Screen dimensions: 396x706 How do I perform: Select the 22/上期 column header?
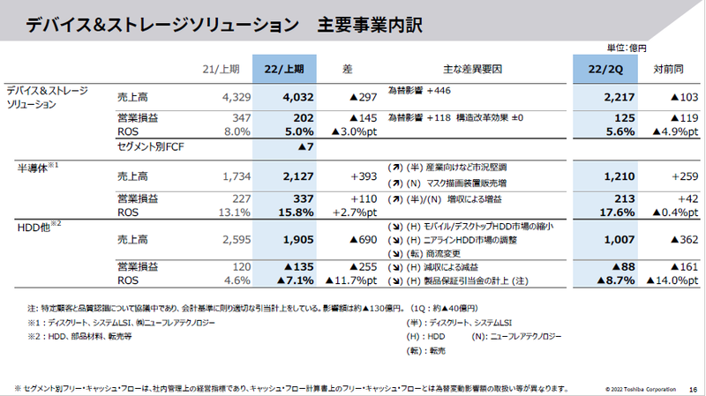pyautogui.click(x=285, y=68)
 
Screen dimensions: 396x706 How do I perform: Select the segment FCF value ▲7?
pyautogui.click(x=307, y=146)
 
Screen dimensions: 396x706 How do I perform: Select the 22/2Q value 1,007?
pyautogui.click(x=610, y=238)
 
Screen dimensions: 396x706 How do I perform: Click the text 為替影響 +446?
pyautogui.click(x=419, y=90)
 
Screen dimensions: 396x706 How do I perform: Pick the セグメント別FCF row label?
pyautogui.click(x=155, y=146)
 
